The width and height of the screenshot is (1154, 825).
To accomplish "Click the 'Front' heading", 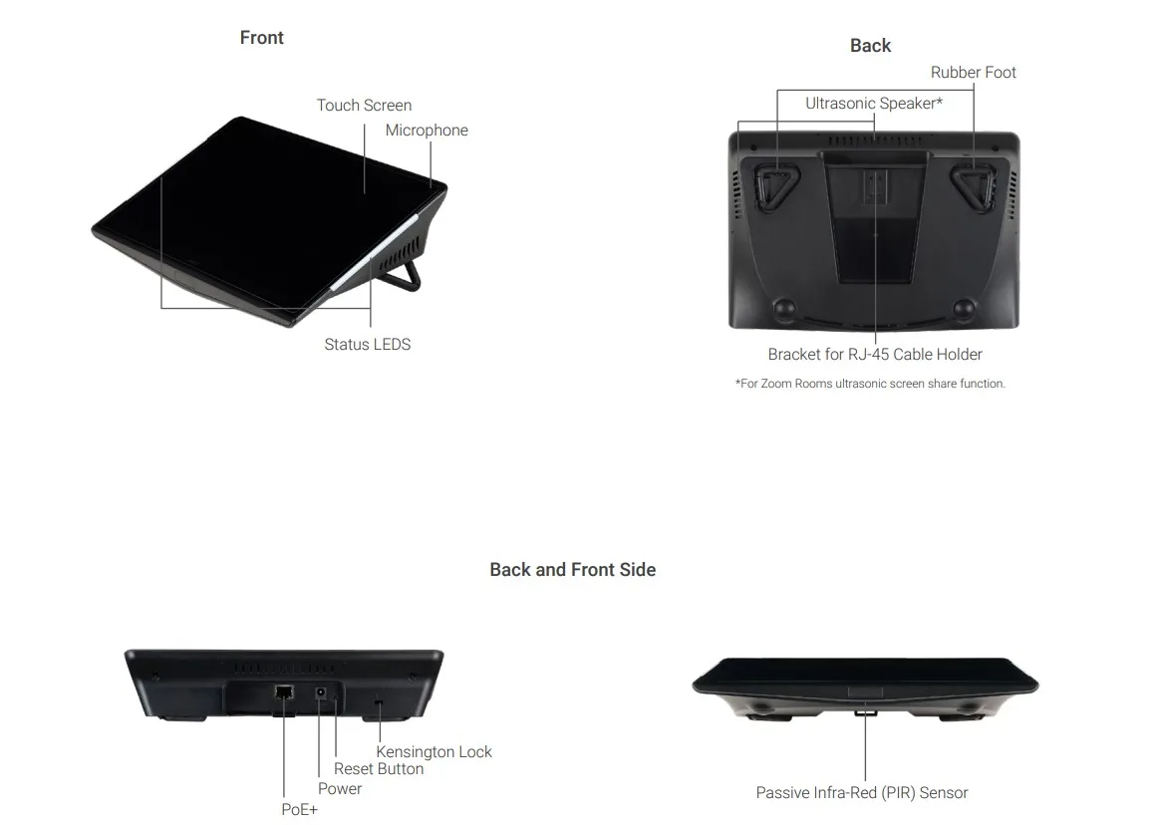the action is pos(261,38).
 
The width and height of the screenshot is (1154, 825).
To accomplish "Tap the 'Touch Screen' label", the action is pos(365,106).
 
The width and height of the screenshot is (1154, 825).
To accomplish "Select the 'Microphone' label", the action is pos(427,131).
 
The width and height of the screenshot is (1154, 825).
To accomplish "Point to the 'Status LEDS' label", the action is pos(368,345).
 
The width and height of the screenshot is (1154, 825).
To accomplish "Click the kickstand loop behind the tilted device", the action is pos(406,275).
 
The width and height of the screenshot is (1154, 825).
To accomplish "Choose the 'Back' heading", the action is pos(871,46).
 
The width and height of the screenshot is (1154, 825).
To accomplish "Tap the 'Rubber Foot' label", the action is pos(973,72).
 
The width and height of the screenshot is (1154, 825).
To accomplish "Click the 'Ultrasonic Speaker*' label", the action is pos(874,103).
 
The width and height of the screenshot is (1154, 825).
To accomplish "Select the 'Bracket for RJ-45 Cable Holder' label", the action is pos(875,354).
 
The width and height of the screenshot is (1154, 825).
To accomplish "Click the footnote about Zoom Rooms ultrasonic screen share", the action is pos(870,384).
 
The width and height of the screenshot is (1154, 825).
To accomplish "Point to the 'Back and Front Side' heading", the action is pos(573,570).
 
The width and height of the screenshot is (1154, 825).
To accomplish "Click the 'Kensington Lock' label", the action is pos(434,751).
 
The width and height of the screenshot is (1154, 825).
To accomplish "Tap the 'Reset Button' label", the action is pos(379,769).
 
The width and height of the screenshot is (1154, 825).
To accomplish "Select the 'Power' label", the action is pos(340,789).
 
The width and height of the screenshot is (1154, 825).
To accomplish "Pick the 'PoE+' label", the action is pos(300,809).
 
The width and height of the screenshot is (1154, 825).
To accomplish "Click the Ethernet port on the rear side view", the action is pos(284,692).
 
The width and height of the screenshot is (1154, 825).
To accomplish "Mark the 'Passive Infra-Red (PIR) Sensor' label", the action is pos(862,793).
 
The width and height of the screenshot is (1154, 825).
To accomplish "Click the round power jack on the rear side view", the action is pos(321,692).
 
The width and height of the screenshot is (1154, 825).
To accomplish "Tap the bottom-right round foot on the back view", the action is pos(964,308).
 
